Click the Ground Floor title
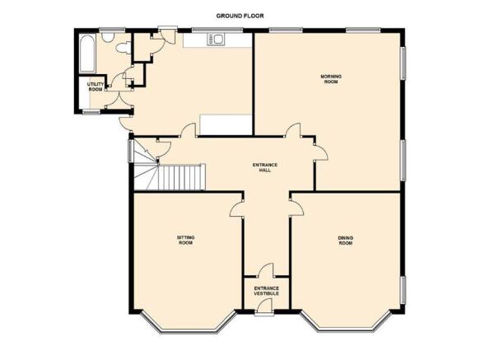[x=240, y=16]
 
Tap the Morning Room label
[x=331, y=79]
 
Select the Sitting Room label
[x=185, y=240]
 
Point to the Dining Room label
[x=346, y=241]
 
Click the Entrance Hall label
[x=265, y=167]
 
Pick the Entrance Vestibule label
[x=267, y=291]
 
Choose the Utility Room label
[x=96, y=86]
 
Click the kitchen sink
[x=217, y=40]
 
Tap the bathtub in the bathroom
[x=87, y=54]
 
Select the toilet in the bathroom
[x=123, y=49]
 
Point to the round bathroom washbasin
[x=108, y=37]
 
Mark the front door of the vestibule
[x=265, y=306]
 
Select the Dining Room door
[x=296, y=208]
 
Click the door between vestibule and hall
[x=265, y=270]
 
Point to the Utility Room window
[x=92, y=112]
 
